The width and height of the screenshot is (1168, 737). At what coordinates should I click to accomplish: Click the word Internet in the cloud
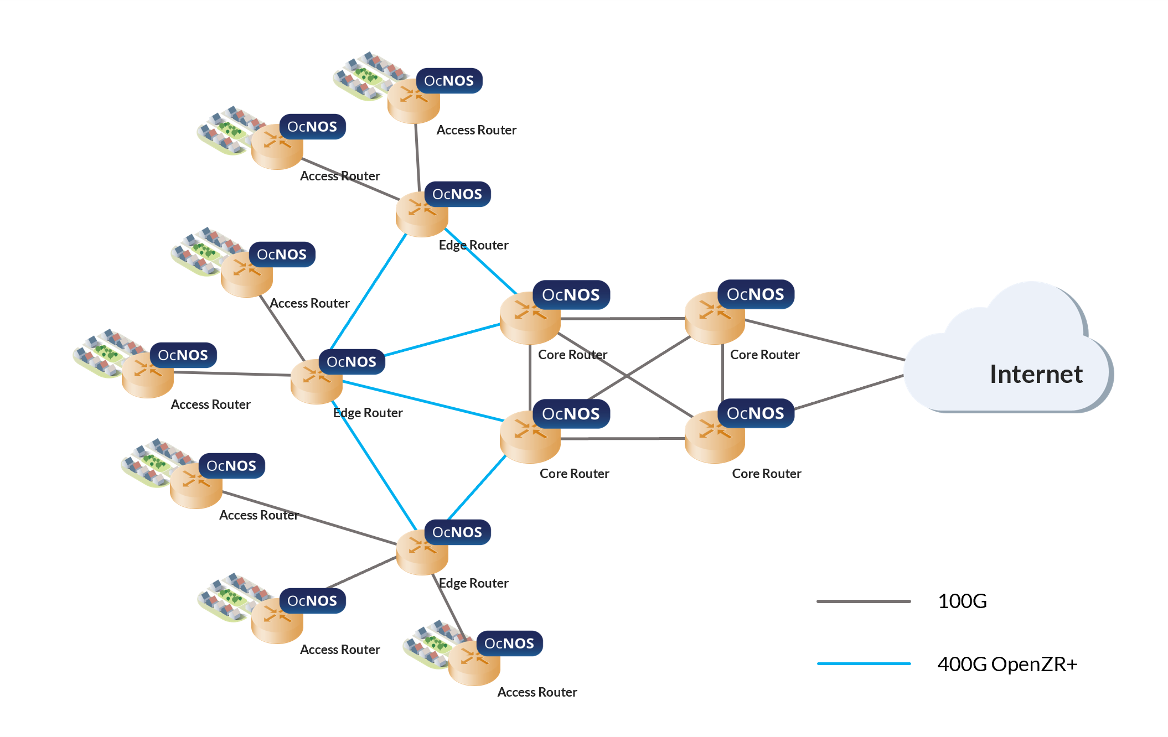click(1035, 375)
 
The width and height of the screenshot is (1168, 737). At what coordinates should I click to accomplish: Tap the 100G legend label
click(962, 601)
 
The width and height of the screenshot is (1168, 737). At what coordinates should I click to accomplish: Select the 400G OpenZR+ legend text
click(1007, 664)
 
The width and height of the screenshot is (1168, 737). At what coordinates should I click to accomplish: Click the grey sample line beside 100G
click(863, 601)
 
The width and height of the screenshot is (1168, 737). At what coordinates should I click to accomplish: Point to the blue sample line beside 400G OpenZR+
click(863, 663)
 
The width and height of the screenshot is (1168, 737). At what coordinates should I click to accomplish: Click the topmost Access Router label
click(476, 130)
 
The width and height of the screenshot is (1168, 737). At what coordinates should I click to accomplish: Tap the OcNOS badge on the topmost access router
click(449, 81)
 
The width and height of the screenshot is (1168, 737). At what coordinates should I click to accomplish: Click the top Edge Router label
click(473, 245)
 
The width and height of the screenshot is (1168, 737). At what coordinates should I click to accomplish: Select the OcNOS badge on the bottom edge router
click(457, 532)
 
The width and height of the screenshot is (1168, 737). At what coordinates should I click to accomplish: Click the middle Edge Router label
click(368, 413)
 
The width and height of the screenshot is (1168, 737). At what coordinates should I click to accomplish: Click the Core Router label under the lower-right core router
click(766, 474)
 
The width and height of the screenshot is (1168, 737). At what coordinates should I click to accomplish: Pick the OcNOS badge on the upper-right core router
click(755, 294)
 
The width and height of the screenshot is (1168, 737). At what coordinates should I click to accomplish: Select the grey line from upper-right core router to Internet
click(825, 340)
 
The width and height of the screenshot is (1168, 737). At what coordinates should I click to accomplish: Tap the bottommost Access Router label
click(536, 692)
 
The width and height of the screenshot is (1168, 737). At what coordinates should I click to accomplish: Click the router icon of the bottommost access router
click(474, 664)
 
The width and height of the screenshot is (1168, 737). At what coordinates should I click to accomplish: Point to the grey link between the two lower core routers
click(623, 439)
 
